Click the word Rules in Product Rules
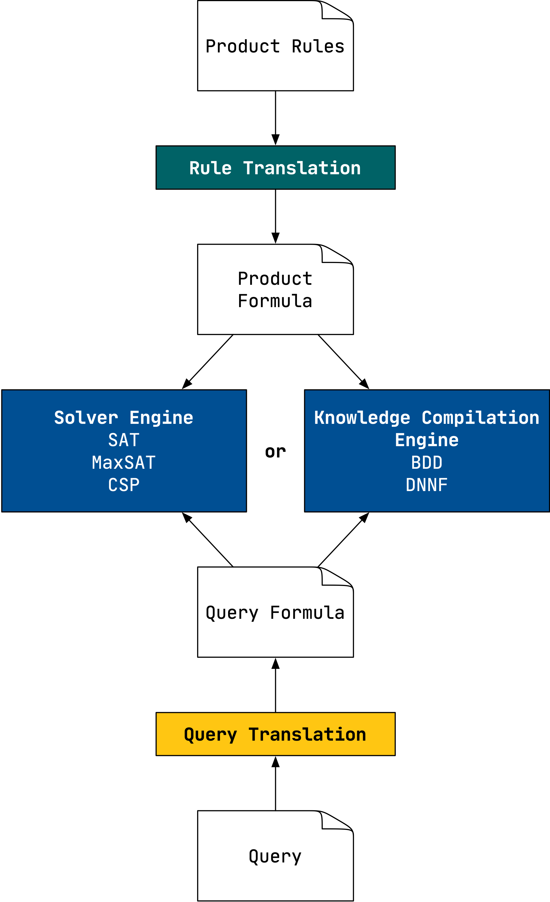(318, 47)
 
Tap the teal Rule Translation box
(275, 168)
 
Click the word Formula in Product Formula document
(275, 301)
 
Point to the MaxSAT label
(124, 462)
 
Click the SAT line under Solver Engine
(124, 440)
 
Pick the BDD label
(427, 462)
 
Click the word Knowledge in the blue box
(362, 418)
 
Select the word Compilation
(480, 418)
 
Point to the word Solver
(86, 418)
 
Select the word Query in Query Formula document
(232, 613)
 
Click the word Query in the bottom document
(275, 857)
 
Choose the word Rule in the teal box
(211, 168)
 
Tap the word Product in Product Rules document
(243, 47)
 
